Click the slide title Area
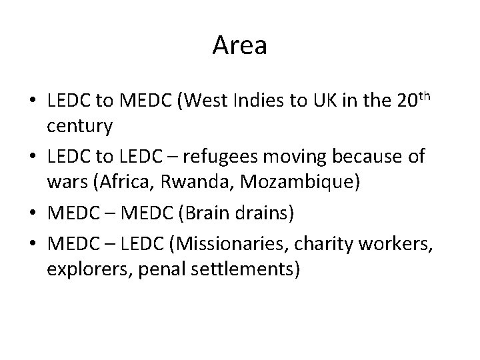coord(240,46)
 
